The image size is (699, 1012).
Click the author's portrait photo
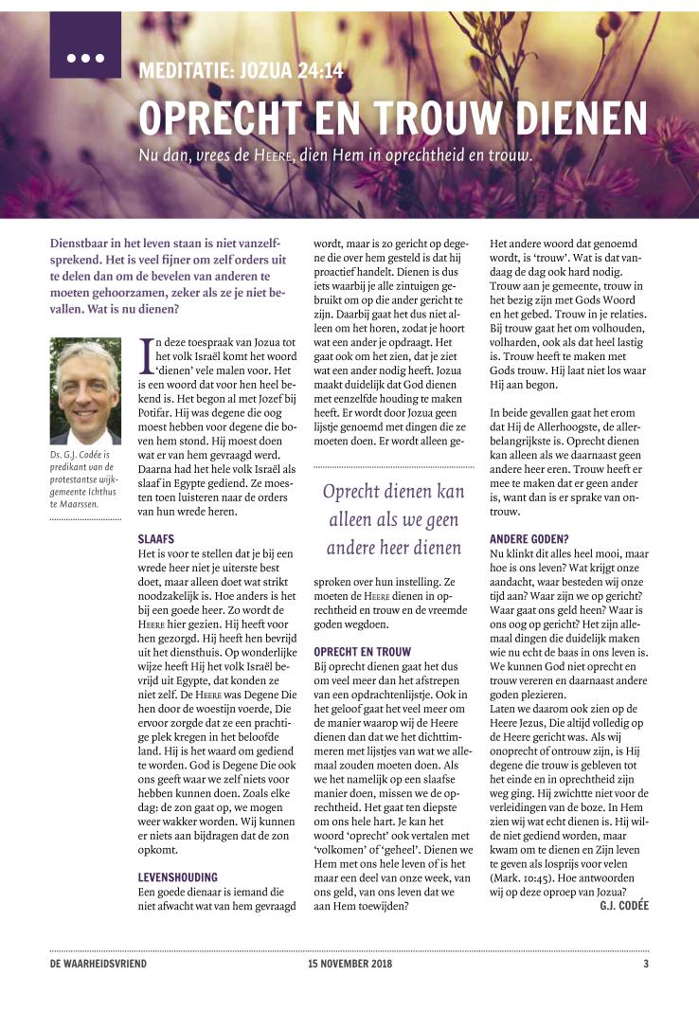pos(84,390)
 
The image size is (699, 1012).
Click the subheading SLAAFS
pos(154,537)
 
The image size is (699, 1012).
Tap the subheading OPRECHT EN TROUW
pos(362,652)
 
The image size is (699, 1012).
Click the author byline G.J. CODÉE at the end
pos(624,906)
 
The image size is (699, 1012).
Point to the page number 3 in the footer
pos(646,964)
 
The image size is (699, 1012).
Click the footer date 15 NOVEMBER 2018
pos(349,964)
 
